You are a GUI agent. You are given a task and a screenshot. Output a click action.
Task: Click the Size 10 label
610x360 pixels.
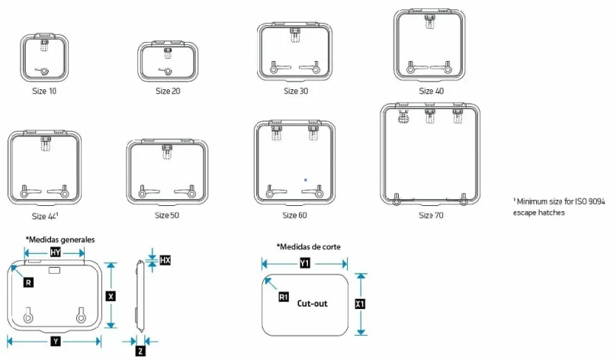pos(44,91)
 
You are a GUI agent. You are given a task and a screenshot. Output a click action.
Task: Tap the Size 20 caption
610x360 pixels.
pos(168,91)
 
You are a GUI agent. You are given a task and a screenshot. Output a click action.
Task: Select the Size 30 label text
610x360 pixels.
pos(296,91)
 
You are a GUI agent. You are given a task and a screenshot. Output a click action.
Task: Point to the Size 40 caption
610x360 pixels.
pos(431,91)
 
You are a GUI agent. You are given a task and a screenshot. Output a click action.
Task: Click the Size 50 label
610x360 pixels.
pos(167,215)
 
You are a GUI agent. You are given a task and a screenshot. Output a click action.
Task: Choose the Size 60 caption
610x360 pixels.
pos(294,215)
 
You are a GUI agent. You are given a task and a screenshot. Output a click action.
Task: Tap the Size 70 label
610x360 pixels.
pos(431,215)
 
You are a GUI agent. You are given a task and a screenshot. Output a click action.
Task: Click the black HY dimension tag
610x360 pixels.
pos(55,252)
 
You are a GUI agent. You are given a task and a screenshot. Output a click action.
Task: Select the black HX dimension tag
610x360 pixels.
pos(165,260)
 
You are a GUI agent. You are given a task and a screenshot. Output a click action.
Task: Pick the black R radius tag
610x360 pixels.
pos(28,282)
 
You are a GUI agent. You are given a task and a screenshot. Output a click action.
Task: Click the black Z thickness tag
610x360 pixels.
pos(140,351)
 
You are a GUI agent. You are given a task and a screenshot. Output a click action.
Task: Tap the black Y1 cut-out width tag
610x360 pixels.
pos(305,263)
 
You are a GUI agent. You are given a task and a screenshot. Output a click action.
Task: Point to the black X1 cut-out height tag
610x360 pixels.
pos(360,304)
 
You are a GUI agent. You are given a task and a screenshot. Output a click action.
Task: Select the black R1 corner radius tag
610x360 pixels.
pos(284,297)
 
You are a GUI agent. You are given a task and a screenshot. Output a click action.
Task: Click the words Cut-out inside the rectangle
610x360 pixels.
pos(313,304)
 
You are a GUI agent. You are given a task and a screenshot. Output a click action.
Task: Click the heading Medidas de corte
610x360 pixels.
pos(309,247)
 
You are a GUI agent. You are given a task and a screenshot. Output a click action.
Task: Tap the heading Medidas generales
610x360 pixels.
pos(60,239)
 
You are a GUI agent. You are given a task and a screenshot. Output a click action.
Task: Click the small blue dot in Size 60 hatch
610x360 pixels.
pos(306,180)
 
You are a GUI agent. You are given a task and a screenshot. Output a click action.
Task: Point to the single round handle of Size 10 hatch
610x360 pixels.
pos(44,71)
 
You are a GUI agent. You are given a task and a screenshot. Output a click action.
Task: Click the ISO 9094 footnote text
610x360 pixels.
pos(559,207)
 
